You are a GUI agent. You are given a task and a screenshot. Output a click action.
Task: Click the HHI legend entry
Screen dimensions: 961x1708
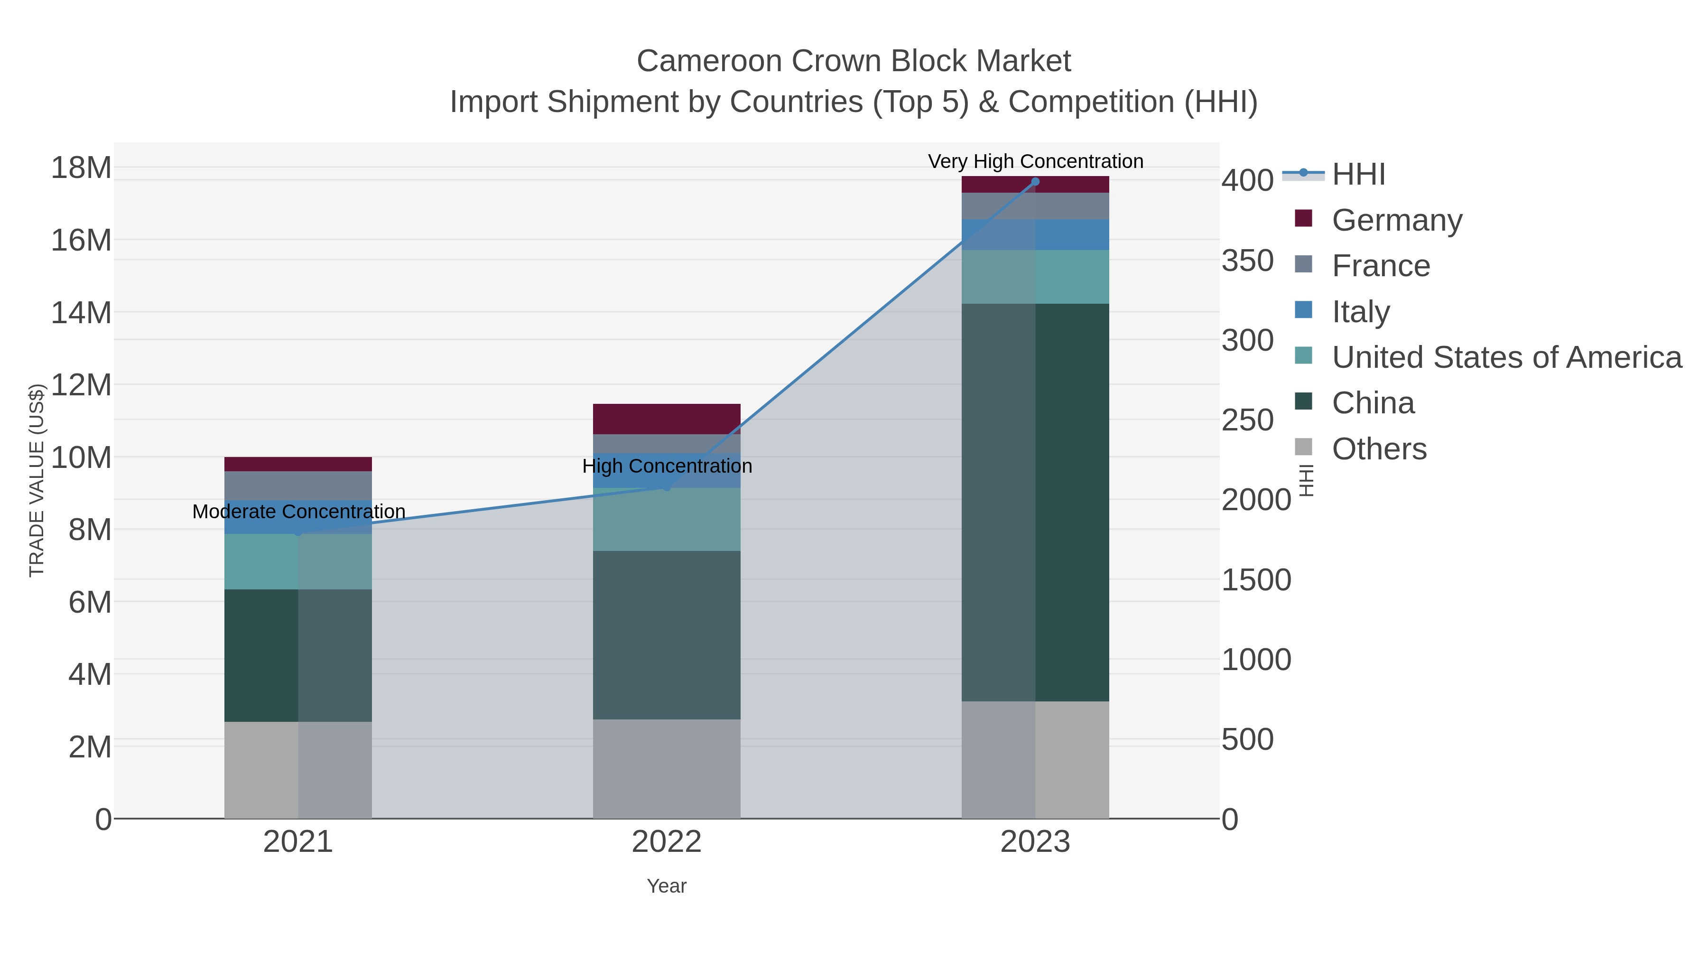pyautogui.click(x=1358, y=175)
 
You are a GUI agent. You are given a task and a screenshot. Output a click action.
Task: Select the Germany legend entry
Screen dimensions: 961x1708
pyautogui.click(x=1396, y=220)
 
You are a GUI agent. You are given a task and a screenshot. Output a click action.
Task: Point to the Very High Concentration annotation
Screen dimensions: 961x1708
pyautogui.click(x=1035, y=161)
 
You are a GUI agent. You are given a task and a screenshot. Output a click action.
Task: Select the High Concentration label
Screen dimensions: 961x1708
pyautogui.click(x=667, y=466)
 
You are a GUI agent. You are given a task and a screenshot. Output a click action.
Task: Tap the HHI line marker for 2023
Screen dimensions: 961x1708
pyautogui.click(x=1035, y=182)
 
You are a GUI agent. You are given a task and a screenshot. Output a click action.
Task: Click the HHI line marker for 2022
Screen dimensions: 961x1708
pyautogui.click(x=667, y=487)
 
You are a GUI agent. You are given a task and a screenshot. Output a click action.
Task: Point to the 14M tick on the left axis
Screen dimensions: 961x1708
pyautogui.click(x=81, y=312)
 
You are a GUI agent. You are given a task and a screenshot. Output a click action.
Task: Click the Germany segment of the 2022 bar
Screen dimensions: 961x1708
pyautogui.click(x=667, y=419)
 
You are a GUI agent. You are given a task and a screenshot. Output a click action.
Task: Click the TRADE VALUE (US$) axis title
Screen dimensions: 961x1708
pyautogui.click(x=37, y=480)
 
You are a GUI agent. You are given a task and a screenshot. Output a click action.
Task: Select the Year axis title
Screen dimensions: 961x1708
pyautogui.click(x=667, y=886)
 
